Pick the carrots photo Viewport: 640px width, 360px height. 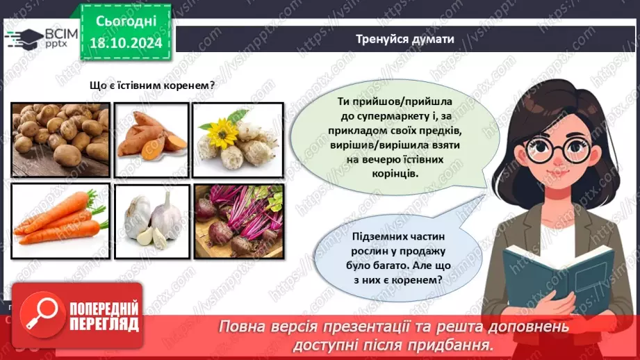point(60,216)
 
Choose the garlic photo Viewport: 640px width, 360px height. point(151,216)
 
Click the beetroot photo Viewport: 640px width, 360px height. point(238,216)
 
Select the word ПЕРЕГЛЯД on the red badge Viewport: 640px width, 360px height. point(104,324)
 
